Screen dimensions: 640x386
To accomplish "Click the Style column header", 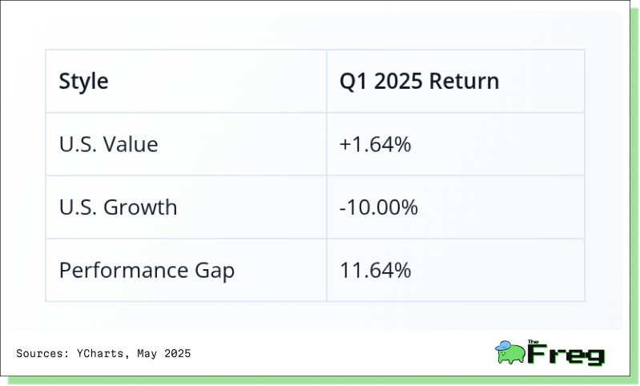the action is [83, 81].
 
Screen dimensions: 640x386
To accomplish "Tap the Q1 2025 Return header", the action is [419, 81].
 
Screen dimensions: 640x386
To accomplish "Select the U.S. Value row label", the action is [109, 144].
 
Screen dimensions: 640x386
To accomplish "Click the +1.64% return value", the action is [375, 144].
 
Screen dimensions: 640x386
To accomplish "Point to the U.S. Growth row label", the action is [118, 207].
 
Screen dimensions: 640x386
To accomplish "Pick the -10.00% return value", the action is [378, 207].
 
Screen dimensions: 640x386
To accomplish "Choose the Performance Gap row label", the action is [147, 271].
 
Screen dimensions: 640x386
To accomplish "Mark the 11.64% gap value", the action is [375, 270].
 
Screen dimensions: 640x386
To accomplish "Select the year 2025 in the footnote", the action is [177, 353].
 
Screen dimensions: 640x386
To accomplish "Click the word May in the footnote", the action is [147, 354].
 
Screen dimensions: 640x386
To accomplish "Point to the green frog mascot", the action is [510, 353].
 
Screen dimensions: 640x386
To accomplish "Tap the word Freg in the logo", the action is [566, 354].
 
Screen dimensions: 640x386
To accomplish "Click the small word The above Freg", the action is [533, 342].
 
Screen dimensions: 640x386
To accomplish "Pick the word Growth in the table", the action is [140, 207].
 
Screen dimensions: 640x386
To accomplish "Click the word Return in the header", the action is [464, 81].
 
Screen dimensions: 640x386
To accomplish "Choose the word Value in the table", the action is [131, 144].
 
